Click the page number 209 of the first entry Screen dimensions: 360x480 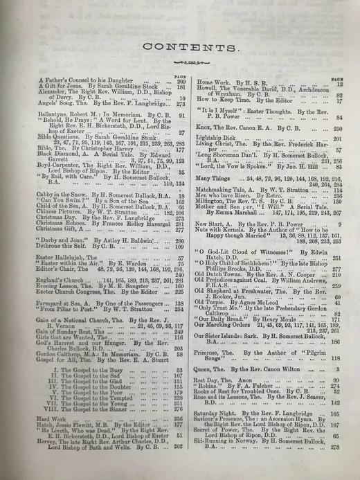click(181, 82)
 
